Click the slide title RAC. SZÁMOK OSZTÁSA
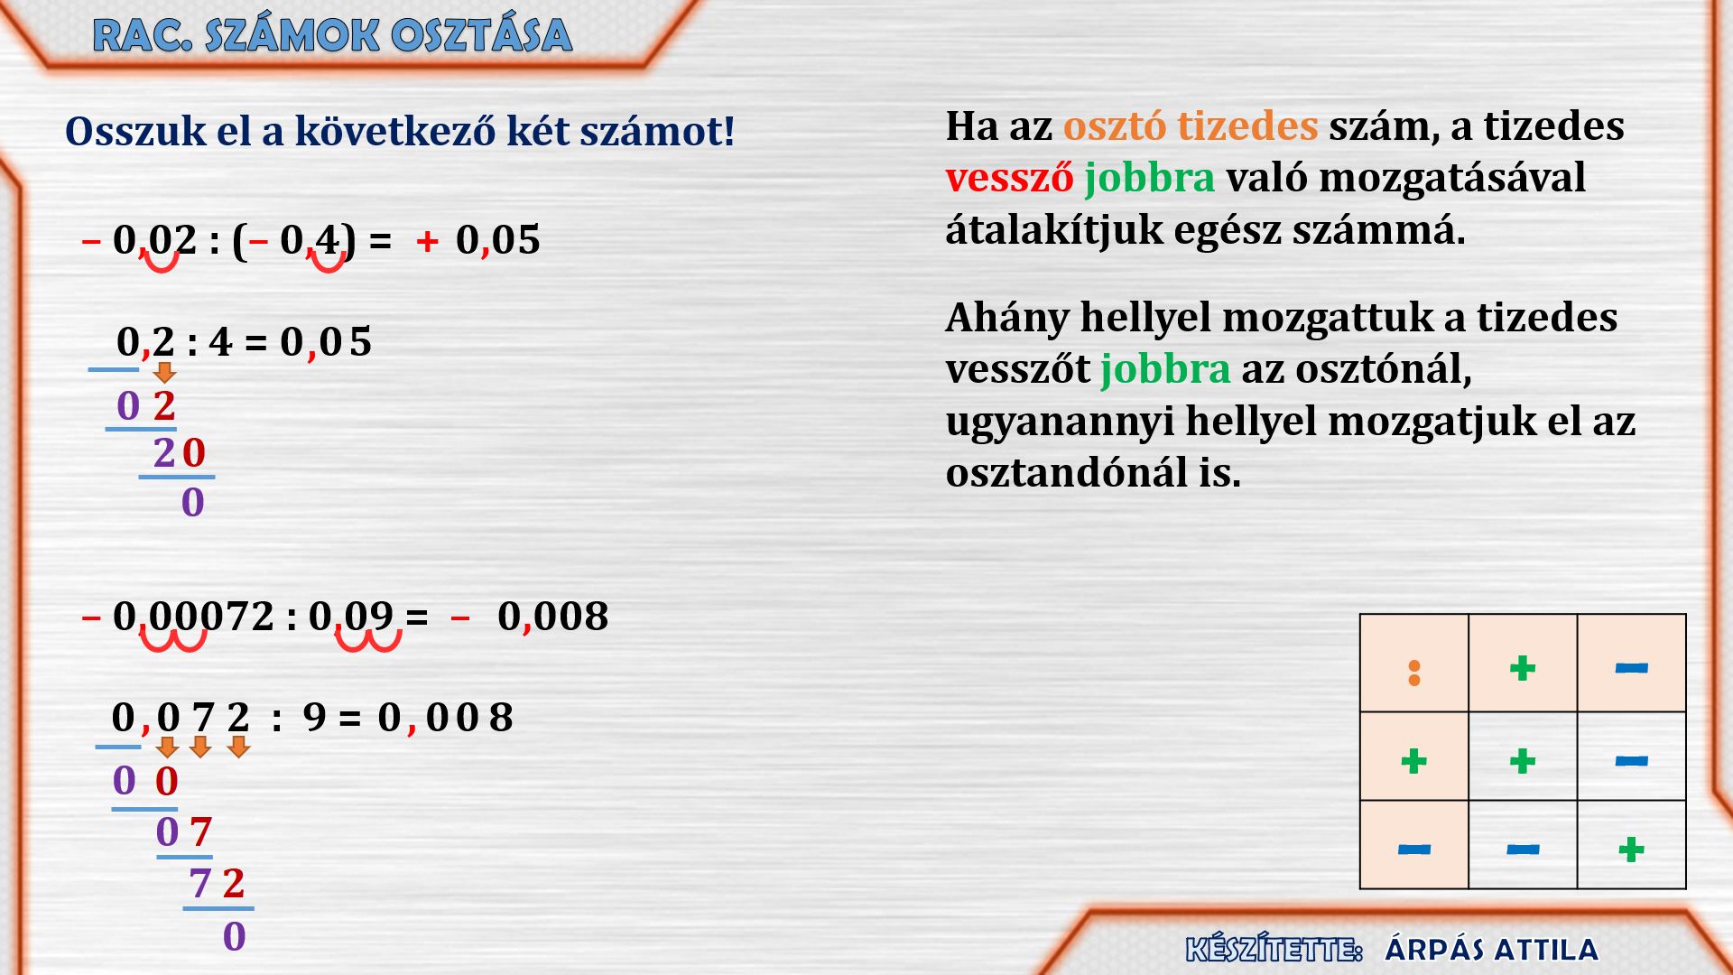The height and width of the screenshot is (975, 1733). click(x=332, y=36)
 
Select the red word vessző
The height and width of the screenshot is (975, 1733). click(x=1009, y=178)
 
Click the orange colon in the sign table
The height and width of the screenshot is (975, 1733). click(x=1414, y=673)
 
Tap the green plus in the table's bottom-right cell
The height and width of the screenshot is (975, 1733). click(x=1631, y=849)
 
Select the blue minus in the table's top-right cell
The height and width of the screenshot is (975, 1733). click(x=1632, y=668)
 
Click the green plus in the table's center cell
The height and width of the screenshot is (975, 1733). click(x=1523, y=761)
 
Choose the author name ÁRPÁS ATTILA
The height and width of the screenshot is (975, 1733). click(x=1491, y=950)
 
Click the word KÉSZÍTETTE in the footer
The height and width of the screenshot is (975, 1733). click(x=1273, y=950)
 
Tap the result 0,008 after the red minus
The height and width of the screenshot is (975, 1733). click(x=552, y=617)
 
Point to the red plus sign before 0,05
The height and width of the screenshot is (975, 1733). click(x=428, y=241)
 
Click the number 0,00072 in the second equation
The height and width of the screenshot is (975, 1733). click(x=193, y=617)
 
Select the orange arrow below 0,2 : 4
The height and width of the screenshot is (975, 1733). click(x=164, y=372)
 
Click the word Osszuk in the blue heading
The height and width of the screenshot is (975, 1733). click(x=135, y=132)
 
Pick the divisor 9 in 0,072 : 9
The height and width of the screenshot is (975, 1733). click(x=314, y=718)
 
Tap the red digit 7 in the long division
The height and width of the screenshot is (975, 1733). click(x=200, y=831)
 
